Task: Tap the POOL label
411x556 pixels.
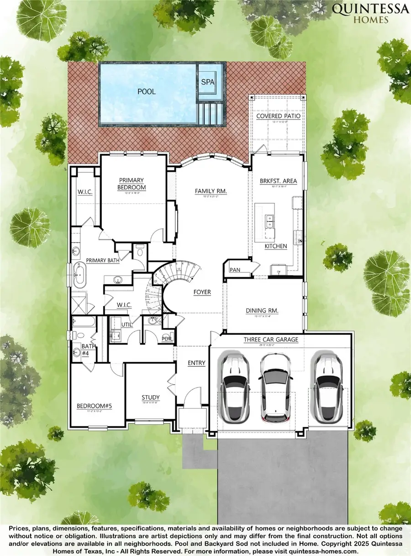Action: (147, 91)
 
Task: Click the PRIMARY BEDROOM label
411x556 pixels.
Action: (132, 184)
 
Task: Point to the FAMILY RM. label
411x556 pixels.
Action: (211, 191)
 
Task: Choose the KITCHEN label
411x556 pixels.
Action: (276, 246)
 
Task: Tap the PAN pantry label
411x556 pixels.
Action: (235, 270)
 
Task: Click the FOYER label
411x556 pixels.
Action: (202, 292)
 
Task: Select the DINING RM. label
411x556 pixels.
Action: (262, 311)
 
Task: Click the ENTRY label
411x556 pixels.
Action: (196, 363)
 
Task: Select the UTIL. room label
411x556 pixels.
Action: (126, 324)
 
